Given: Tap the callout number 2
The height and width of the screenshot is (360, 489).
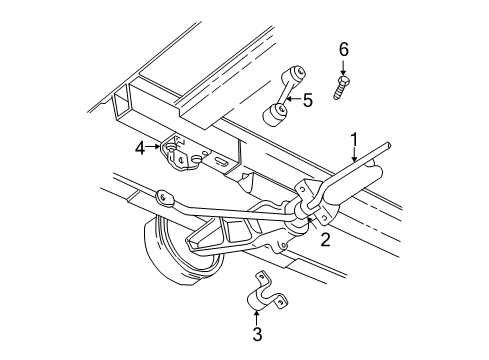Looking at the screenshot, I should click(x=325, y=238).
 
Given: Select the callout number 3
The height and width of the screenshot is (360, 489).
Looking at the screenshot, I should click(x=257, y=335).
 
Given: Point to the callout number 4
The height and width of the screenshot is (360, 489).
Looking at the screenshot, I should click(x=142, y=148).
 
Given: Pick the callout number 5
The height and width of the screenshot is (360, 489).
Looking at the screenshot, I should click(x=308, y=100).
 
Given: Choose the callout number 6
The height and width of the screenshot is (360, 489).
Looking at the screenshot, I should click(x=343, y=49).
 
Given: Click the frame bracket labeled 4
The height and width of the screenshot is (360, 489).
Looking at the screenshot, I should click(x=177, y=152).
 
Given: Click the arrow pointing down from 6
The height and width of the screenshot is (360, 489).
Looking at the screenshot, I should click(x=343, y=67).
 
